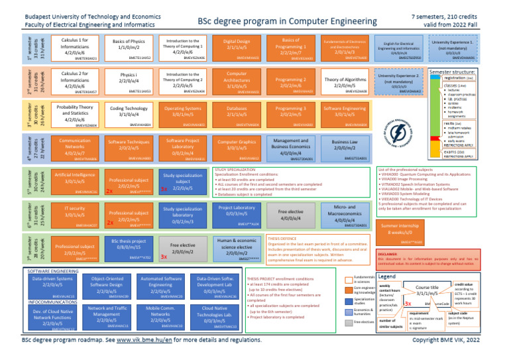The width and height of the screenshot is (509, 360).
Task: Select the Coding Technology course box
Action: (129, 112)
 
